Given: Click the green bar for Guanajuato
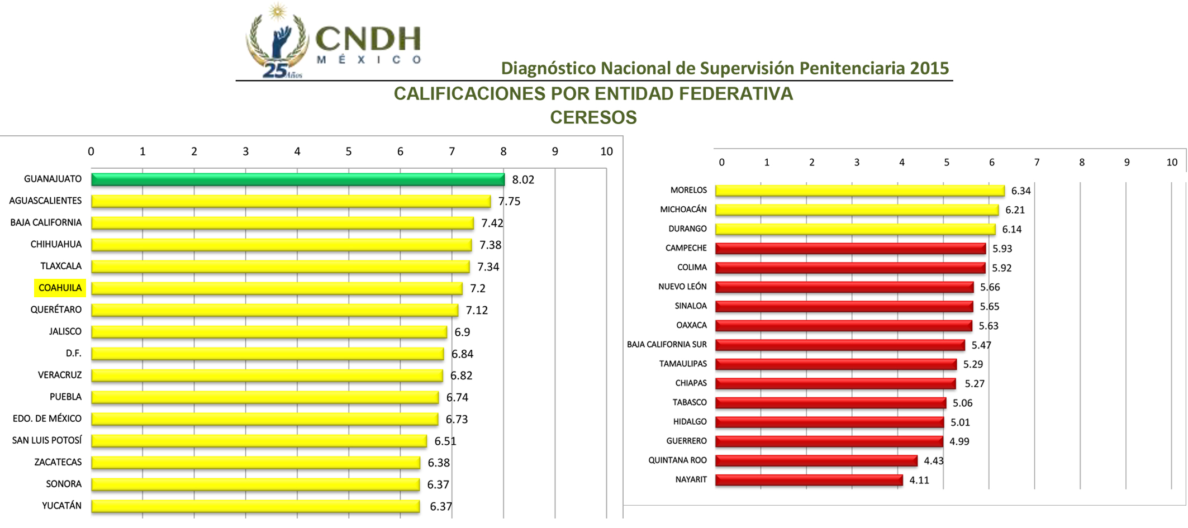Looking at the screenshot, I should click(297, 179).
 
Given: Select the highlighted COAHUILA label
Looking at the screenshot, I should click(60, 288).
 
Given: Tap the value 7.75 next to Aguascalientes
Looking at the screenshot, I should click(509, 201).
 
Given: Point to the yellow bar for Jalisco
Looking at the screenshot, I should click(269, 332).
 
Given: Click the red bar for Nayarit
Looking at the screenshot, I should click(809, 480).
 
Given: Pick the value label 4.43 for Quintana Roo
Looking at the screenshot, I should click(933, 461).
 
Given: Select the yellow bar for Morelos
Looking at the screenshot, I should click(859, 191).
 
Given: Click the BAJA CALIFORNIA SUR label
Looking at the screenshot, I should click(666, 345).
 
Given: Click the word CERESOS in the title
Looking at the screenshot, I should click(593, 117).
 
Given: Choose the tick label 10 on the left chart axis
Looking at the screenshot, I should click(606, 151).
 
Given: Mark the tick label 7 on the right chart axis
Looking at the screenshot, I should click(1037, 163).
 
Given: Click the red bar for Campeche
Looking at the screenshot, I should click(850, 249).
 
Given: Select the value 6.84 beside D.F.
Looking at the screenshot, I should click(462, 354).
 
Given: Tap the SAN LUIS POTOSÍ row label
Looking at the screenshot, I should click(47, 440).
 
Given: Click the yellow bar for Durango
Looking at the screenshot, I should click(855, 229).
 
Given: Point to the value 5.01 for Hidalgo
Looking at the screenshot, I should click(960, 422).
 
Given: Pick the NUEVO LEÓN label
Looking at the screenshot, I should click(682, 287).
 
